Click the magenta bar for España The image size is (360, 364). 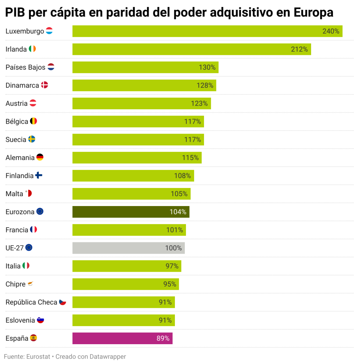[x=122, y=338]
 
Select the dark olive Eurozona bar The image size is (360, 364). [x=131, y=212]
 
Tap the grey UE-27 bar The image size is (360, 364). [x=128, y=248]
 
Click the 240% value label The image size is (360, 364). [x=331, y=31]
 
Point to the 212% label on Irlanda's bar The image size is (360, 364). [x=299, y=49]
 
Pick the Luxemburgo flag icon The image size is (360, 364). [x=49, y=31]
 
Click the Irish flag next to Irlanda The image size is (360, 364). [x=32, y=49]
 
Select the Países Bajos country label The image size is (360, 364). [x=25, y=67]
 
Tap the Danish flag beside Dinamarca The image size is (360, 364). [x=44, y=85]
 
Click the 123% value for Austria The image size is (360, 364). [x=199, y=103]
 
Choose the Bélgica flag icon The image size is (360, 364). [x=34, y=121]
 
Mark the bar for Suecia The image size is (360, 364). [x=138, y=140]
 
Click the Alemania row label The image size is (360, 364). [x=20, y=158]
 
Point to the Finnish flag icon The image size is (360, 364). [x=39, y=175]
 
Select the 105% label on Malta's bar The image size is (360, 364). [x=179, y=194]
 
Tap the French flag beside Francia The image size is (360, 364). [x=34, y=229]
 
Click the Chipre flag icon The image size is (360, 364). [x=30, y=284]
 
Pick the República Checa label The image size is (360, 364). [x=31, y=302]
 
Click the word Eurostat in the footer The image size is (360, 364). [x=38, y=356]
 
